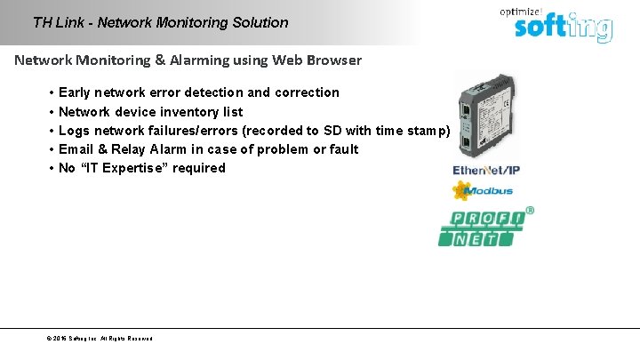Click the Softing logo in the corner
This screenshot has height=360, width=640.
coord(563,27)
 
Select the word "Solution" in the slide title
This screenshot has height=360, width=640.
coord(260,22)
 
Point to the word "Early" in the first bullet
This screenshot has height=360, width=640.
coord(75,92)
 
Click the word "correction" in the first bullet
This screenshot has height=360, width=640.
coord(307,92)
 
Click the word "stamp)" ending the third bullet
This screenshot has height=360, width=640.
coord(428,131)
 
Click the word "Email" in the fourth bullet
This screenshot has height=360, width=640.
coord(76,149)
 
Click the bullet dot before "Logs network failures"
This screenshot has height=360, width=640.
coord(52,131)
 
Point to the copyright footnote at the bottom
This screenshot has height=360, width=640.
coord(99,339)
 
